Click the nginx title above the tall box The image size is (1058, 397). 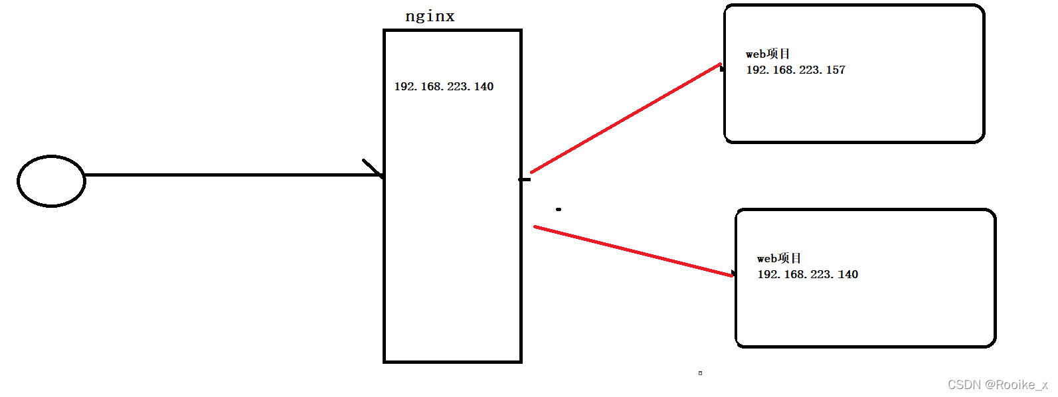(430, 16)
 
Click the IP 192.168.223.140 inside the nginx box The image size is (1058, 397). (444, 86)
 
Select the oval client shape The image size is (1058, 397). (51, 181)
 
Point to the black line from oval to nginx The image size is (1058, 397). (232, 175)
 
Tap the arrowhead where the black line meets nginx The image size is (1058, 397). (376, 170)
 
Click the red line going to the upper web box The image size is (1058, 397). (624, 119)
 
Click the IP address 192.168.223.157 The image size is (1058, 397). (796, 70)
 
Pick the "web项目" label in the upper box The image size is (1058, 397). (768, 54)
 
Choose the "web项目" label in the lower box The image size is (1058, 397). (779, 258)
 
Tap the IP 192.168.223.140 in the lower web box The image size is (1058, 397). (808, 274)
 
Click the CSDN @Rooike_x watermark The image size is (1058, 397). (997, 384)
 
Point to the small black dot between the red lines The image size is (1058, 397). (559, 209)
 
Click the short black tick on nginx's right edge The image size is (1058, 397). (525, 179)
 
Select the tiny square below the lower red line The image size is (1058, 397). (700, 373)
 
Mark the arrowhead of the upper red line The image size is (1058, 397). (721, 67)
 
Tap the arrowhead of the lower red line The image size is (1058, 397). (733, 274)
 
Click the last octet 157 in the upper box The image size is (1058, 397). (836, 70)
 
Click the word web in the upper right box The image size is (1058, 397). (756, 54)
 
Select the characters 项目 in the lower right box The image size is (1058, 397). (789, 258)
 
